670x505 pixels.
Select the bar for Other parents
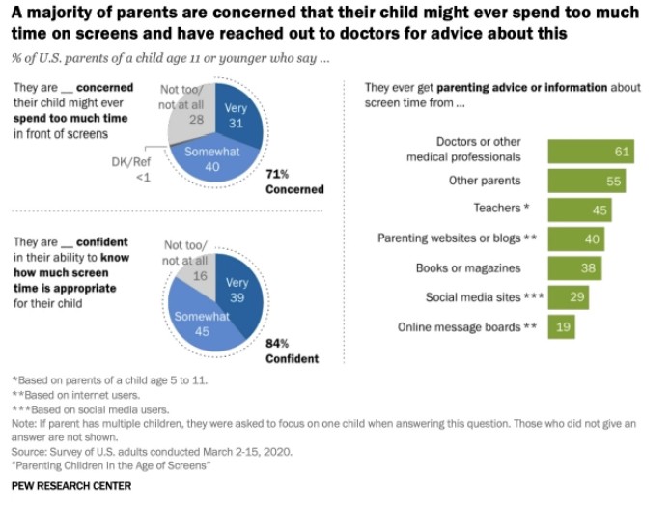586,181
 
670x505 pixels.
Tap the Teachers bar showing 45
578,210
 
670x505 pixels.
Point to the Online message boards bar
561,327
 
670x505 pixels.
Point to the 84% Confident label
292,351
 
